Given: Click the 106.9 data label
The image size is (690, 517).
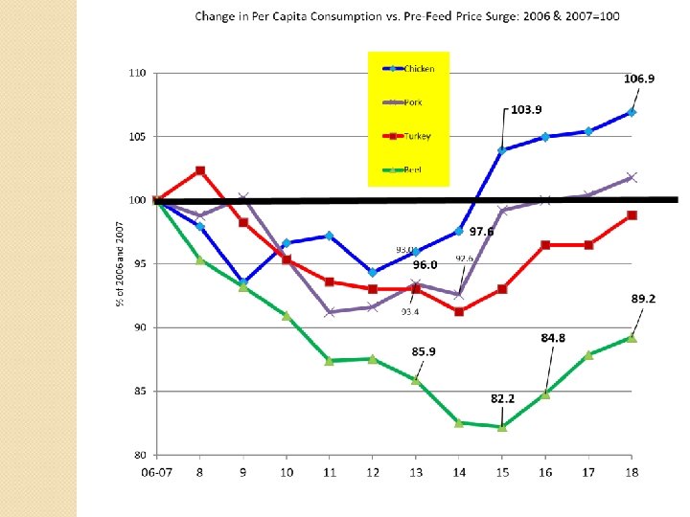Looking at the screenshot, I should (639, 79).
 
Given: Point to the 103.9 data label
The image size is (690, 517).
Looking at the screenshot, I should (526, 110).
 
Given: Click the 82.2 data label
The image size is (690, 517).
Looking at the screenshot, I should (504, 397).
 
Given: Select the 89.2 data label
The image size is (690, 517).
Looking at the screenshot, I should (643, 299).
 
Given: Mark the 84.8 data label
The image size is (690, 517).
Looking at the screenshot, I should (553, 337).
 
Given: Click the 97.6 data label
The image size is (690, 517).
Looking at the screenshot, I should (481, 232).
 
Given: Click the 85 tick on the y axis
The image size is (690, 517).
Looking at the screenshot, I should (139, 391).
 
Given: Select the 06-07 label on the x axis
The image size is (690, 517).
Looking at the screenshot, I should (157, 471).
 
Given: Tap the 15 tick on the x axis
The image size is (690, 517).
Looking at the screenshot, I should (502, 471).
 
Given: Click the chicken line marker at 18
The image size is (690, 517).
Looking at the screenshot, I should (632, 112).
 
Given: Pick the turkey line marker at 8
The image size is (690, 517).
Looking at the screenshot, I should (199, 170).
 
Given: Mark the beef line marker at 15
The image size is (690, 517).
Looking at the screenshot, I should (502, 427).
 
